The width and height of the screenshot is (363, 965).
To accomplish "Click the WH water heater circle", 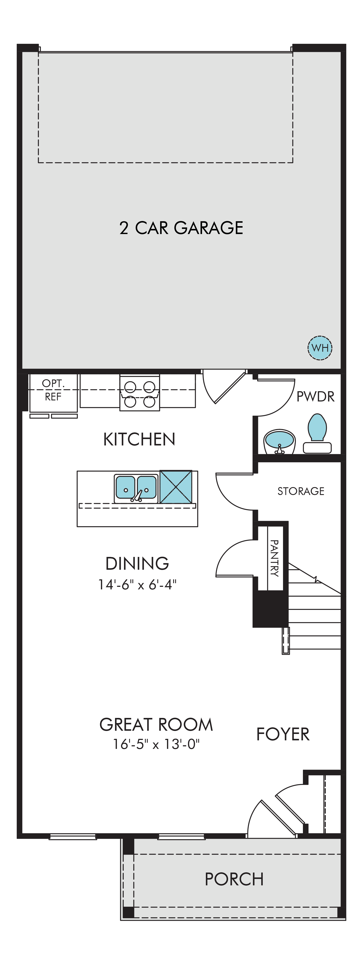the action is coord(320,348).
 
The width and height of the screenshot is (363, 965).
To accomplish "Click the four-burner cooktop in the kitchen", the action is coord(140,392).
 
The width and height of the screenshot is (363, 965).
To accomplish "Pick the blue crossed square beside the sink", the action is coord(176,487).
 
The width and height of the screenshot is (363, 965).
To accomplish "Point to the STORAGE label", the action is coord(301,491).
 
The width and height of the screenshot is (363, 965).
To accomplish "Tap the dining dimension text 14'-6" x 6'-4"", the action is coord(137,584).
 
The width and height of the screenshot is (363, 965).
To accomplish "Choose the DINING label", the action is coord(137,563).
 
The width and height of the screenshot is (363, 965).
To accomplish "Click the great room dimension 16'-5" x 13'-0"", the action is coord(156,744).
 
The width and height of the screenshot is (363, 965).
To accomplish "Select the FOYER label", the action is coord(283,734).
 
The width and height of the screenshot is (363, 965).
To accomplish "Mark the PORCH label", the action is coord(234,879).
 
